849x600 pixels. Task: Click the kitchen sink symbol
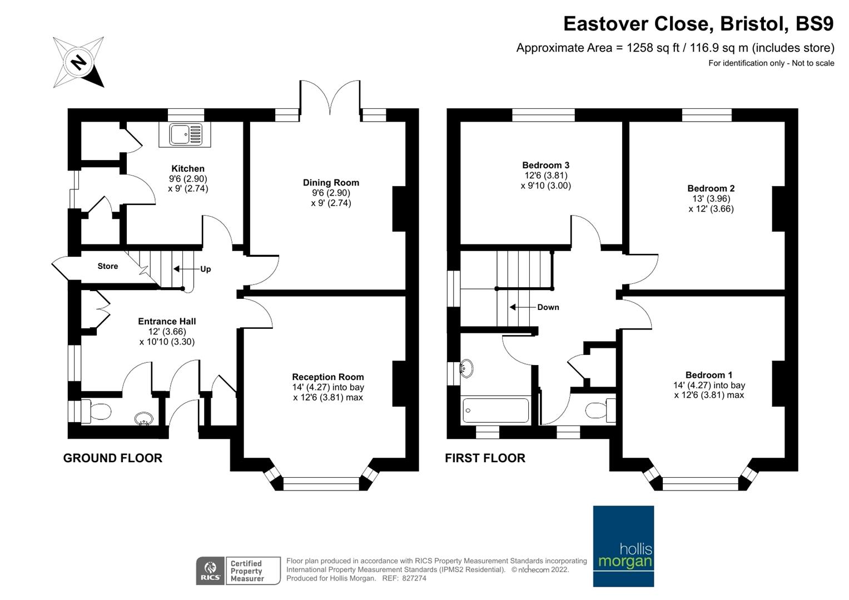[185, 134]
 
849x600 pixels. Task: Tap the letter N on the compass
[78, 62]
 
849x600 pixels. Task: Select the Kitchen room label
[187, 168]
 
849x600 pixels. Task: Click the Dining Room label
[331, 183]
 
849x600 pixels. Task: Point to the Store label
[108, 266]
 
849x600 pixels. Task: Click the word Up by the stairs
[205, 269]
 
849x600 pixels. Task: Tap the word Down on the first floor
[548, 307]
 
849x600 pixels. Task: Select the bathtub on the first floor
[495, 410]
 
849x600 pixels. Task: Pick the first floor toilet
[600, 410]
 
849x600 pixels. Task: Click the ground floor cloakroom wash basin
[144, 418]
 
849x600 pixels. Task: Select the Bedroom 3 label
[545, 165]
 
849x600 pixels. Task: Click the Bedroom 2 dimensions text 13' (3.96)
[711, 198]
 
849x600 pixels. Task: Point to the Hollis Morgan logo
[623, 546]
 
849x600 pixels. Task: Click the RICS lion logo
[210, 571]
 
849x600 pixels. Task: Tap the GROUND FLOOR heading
[112, 458]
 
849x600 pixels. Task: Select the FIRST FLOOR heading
[485, 458]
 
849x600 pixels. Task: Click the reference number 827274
[414, 578]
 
